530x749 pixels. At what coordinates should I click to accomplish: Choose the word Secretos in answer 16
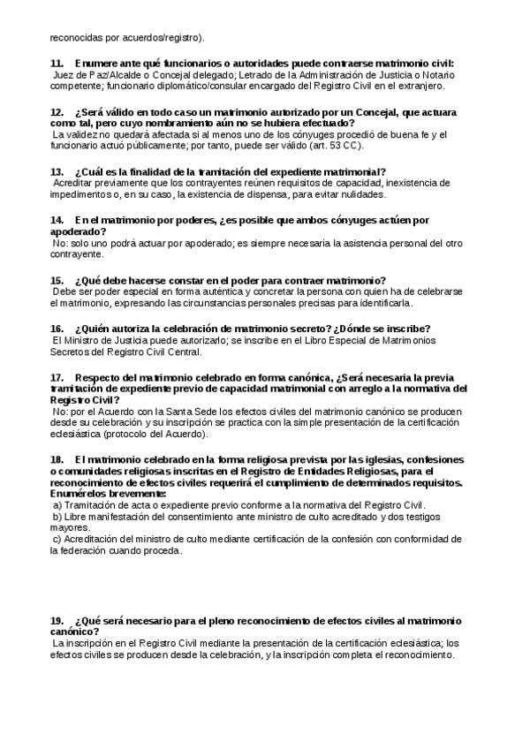[72, 351]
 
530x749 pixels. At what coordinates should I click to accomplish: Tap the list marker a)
[57, 504]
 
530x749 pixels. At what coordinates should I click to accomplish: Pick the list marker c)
[57, 539]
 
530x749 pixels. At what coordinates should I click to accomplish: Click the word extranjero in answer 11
[424, 87]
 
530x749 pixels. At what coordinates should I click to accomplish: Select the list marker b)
[57, 516]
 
